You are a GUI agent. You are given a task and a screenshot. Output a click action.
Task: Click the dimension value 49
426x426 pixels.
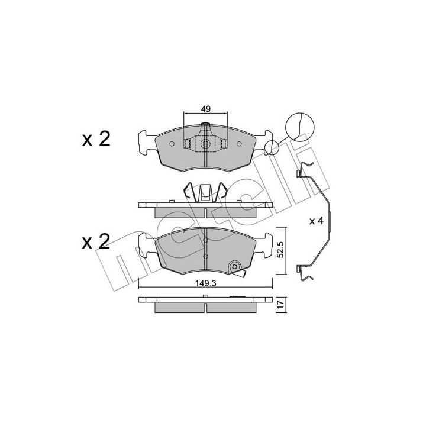(206, 109)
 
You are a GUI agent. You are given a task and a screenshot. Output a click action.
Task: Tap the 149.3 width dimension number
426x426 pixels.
(206, 283)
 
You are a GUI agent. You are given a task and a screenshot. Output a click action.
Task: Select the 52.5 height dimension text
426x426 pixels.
(280, 250)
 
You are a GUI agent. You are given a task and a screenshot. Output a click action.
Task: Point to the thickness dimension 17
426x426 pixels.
(281, 306)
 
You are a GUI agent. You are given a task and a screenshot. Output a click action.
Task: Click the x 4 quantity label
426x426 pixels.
(317, 221)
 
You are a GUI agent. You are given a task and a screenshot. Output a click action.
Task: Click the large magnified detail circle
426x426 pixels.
(299, 127)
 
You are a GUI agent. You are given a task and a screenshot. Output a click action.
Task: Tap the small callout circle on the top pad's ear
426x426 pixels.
(272, 147)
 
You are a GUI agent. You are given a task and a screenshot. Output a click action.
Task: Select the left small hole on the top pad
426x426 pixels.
(172, 144)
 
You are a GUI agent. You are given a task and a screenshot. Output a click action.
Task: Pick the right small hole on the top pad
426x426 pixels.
(239, 144)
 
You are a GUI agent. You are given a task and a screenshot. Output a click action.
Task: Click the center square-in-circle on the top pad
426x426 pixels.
(205, 144)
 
